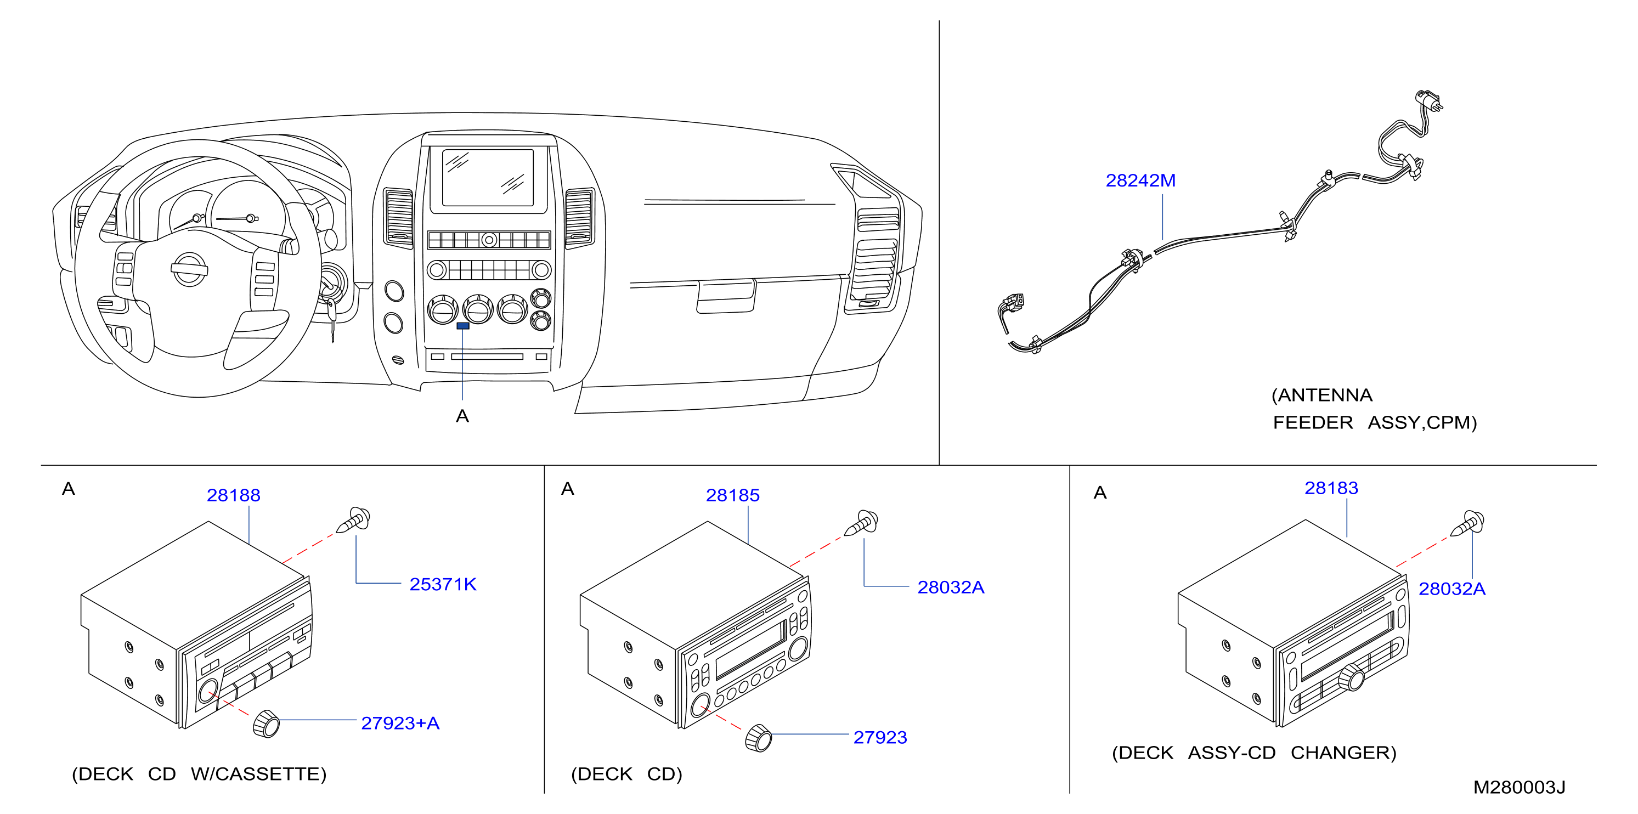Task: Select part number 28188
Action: [233, 495]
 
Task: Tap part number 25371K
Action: [443, 584]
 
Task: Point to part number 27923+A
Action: [400, 723]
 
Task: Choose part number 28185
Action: [732, 495]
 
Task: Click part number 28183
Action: [1331, 488]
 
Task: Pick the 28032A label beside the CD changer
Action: [1451, 589]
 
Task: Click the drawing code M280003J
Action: [1518, 787]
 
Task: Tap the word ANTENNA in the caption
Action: [1325, 395]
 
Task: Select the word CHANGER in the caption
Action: [1343, 753]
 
